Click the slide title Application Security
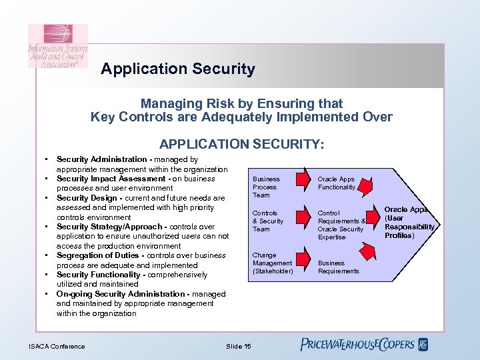[x=178, y=69]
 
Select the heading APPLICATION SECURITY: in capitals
[x=242, y=144]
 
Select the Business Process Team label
[x=267, y=187]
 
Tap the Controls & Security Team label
[x=268, y=221]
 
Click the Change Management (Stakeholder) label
[x=273, y=263]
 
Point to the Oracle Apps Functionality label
[x=337, y=183]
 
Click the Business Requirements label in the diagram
[x=338, y=267]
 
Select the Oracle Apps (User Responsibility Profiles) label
[x=409, y=223]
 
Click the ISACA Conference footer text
[x=57, y=346]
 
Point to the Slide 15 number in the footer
[x=239, y=346]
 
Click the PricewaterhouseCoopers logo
[x=364, y=345]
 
